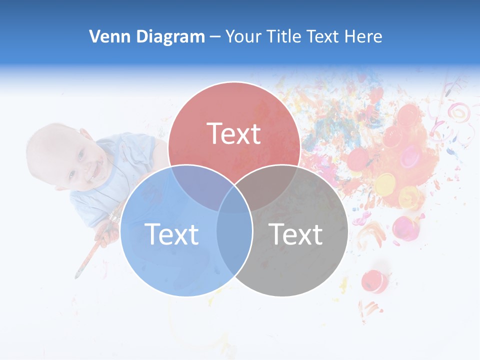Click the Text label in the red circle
234,133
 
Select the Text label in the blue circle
171,233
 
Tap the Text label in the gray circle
295,233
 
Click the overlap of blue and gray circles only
234,245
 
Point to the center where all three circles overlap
234,200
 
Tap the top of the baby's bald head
42,145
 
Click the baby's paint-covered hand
108,231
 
